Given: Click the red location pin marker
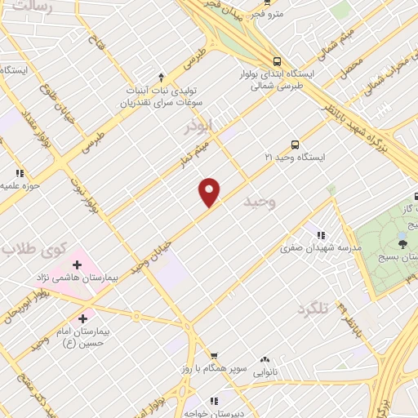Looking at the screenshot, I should tap(210, 192).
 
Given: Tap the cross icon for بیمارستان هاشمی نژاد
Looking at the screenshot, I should tap(78, 265).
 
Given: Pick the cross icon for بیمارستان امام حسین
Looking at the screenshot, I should tap(82, 318).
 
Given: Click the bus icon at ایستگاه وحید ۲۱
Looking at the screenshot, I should tap(295, 144).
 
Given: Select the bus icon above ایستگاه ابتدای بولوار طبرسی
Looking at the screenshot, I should tap(278, 60).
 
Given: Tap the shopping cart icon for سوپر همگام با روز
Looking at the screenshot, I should tap(214, 355).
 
